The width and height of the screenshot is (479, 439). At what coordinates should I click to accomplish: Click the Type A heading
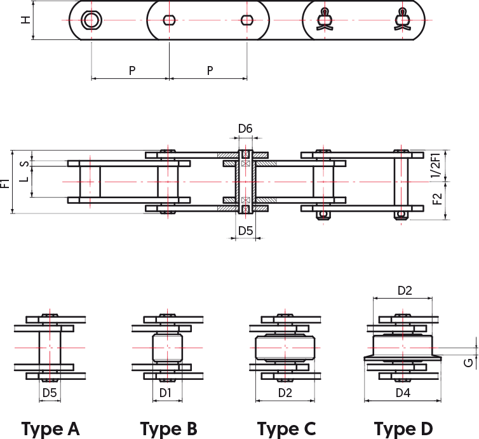(50, 429)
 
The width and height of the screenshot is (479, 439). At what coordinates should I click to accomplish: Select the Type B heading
(168, 429)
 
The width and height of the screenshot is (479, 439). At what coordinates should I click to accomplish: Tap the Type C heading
(287, 429)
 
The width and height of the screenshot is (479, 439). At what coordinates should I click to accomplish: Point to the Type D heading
(403, 429)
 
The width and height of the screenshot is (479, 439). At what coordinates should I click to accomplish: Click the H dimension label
(25, 20)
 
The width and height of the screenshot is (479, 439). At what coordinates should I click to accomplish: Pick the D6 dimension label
(245, 128)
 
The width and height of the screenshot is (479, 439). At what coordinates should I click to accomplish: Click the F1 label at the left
(5, 184)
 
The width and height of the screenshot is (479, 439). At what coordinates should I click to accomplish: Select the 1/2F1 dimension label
(436, 165)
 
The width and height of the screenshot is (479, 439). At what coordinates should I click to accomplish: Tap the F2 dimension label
(438, 199)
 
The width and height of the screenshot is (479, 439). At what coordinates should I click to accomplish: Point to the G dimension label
(468, 363)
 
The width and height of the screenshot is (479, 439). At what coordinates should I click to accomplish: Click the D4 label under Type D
(403, 393)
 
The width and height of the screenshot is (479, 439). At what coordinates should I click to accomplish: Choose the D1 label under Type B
(166, 393)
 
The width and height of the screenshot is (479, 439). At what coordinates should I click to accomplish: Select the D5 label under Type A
(50, 393)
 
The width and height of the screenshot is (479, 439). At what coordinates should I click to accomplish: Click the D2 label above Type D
(405, 290)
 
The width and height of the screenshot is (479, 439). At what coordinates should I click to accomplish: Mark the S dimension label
(25, 164)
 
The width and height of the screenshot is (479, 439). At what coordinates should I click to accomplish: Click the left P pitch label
(132, 71)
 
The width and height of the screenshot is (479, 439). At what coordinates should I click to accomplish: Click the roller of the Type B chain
(168, 348)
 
